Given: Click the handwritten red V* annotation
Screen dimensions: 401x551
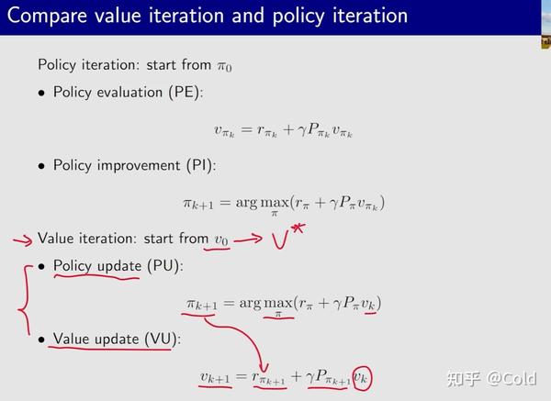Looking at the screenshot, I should coord(288,239).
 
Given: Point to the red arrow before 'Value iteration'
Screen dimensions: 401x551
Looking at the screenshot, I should coord(20,239).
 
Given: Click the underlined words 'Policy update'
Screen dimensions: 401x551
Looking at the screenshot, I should coord(96,266).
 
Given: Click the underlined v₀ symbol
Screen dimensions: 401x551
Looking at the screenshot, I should coord(221,239).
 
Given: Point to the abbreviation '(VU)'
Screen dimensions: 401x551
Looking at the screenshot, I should coord(160,339).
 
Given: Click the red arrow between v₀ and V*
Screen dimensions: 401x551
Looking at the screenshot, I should coord(250,239).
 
